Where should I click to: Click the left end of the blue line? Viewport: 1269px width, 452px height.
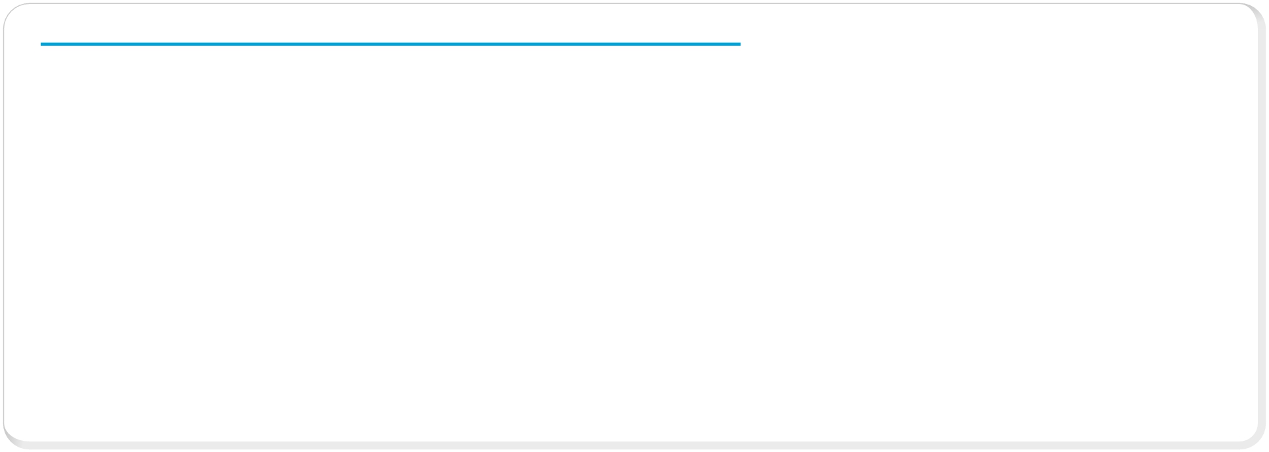coord(41,44)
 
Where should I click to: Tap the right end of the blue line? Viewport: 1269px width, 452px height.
coord(740,44)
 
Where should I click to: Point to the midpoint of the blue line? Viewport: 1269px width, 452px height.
coord(391,44)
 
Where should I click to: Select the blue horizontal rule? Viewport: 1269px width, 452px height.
coord(263,44)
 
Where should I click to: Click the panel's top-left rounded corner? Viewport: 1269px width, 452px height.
coord(12,12)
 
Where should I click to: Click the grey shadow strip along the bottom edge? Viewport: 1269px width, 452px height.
coord(460,445)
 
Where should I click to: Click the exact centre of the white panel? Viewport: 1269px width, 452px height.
coord(631,223)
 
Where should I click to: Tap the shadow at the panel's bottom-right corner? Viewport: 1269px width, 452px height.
coord(1257,441)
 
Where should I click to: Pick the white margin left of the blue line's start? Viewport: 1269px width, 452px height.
coord(22,44)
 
